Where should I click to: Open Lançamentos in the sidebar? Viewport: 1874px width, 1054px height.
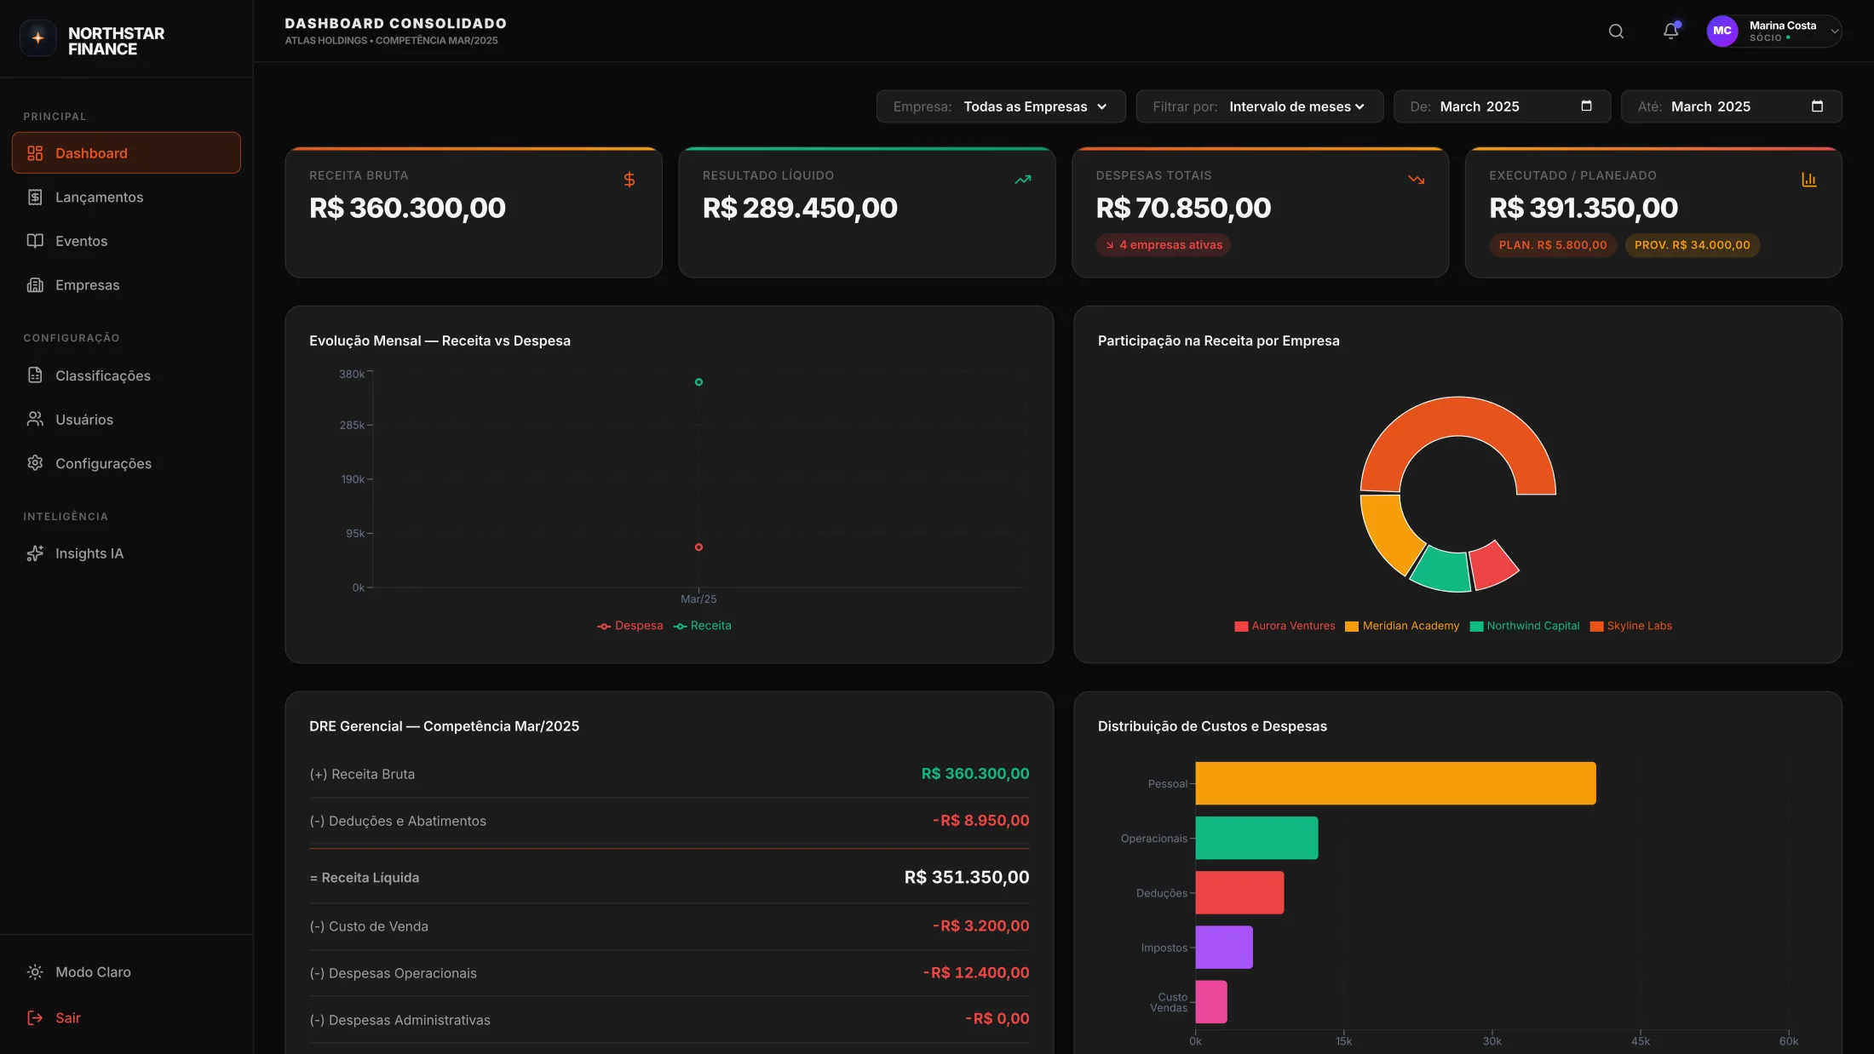[98, 198]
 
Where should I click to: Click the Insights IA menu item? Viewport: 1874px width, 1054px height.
[89, 553]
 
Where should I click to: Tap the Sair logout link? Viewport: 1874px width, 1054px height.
[67, 1018]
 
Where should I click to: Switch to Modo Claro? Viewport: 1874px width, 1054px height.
[92, 972]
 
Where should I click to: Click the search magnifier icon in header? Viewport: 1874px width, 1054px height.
[1616, 32]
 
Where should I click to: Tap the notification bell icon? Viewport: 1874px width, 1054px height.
[1670, 32]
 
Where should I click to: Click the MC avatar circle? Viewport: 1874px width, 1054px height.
[1722, 32]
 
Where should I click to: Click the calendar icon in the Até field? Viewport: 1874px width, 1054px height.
[1817, 106]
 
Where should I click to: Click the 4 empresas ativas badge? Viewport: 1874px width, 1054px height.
[1163, 245]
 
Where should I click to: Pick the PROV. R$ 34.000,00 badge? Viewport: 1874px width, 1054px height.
[1692, 245]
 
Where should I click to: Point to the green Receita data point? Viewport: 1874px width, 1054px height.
[698, 382]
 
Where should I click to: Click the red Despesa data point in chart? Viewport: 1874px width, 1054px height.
[698, 547]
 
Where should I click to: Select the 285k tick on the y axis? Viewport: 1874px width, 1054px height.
[352, 425]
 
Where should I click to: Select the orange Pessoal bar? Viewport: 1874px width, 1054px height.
[1395, 783]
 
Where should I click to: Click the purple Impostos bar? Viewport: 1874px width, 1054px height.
[1223, 948]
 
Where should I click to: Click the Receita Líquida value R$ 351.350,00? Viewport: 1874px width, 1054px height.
[966, 878]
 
